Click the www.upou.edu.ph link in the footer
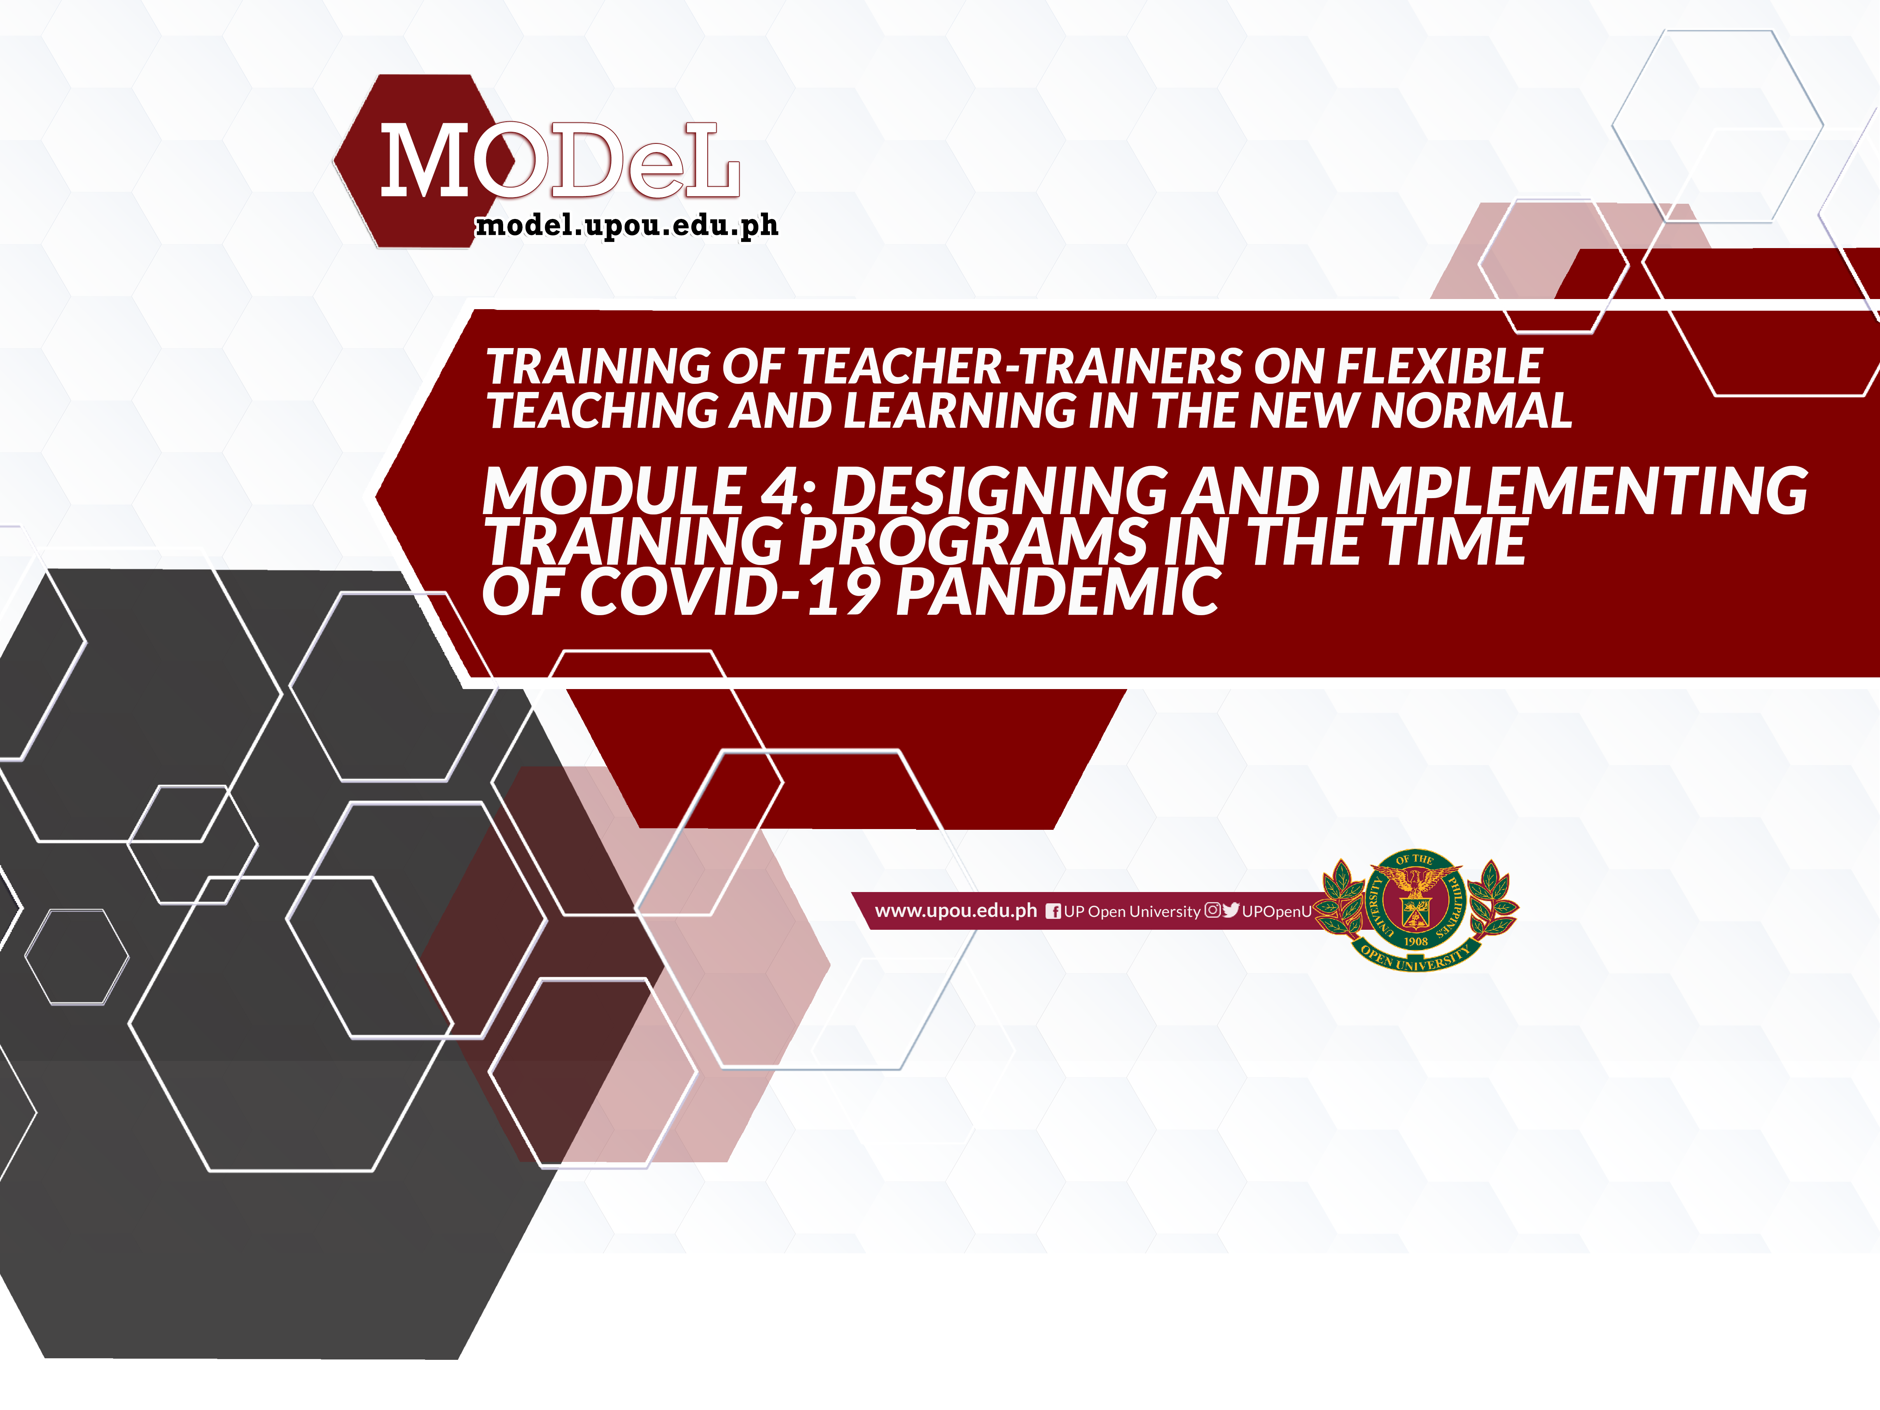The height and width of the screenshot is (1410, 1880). pos(956,911)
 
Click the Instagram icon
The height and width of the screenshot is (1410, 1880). pos(1213,910)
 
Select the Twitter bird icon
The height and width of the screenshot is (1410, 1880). pos(1231,910)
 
